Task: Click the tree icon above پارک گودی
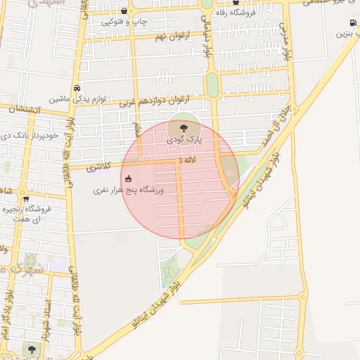click(184, 129)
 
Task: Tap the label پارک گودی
click(184, 140)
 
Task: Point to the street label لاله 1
click(187, 162)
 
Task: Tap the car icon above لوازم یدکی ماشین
click(76, 89)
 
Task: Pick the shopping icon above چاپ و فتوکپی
click(124, 11)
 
